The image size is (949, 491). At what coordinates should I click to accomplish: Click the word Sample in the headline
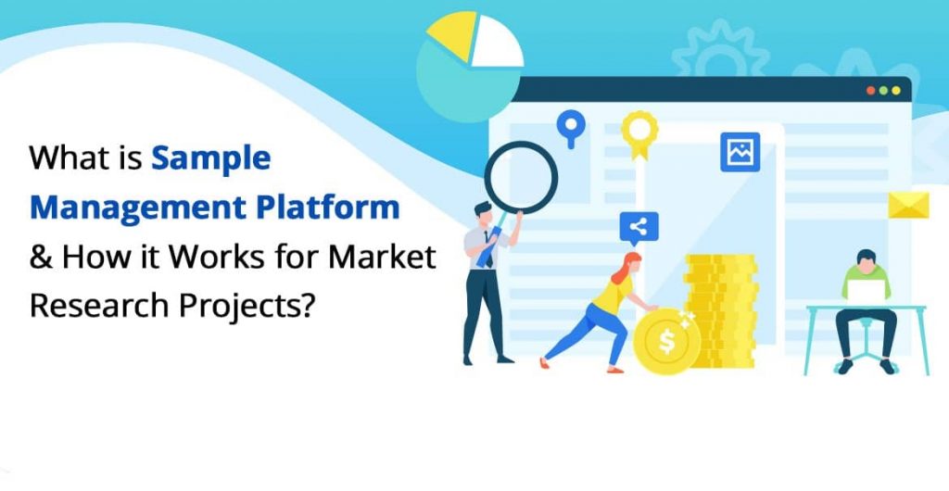[211, 159]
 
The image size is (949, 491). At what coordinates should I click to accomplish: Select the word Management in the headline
[127, 206]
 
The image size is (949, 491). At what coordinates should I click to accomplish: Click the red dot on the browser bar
[870, 91]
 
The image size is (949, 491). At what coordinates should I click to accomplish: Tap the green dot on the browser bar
[896, 91]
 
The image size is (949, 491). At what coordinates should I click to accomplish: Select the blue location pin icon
[570, 125]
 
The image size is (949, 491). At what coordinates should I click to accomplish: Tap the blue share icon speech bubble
[639, 226]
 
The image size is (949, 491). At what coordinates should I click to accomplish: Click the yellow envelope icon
[907, 205]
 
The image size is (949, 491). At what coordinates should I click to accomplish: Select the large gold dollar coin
[666, 340]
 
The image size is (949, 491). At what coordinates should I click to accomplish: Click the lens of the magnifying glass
[521, 175]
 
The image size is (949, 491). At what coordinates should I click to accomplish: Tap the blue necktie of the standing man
[485, 252]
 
